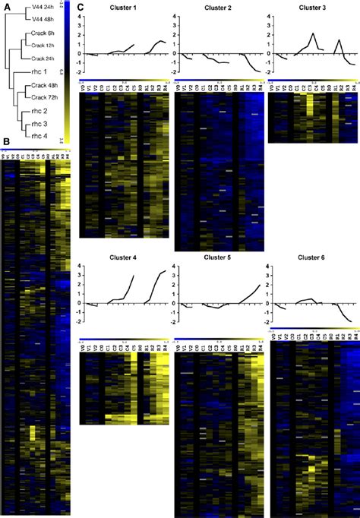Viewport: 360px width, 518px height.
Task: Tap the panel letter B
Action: (x=6, y=141)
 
